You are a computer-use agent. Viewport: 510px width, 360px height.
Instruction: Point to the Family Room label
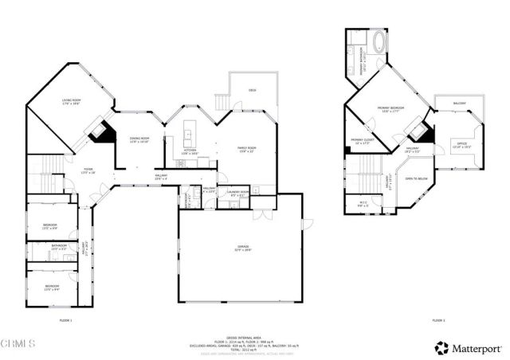(x=245, y=149)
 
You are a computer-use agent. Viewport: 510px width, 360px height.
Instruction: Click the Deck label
(x=252, y=91)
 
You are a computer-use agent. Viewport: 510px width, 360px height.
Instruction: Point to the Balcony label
(x=460, y=104)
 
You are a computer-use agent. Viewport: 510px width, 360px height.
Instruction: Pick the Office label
(x=461, y=147)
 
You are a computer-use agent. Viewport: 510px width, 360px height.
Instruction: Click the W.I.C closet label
(x=363, y=204)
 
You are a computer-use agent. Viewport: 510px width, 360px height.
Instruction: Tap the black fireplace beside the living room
(x=100, y=133)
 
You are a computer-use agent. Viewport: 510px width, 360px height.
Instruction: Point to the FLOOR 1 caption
(x=66, y=319)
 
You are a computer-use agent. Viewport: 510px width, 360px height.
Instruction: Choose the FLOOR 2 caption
(x=438, y=319)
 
